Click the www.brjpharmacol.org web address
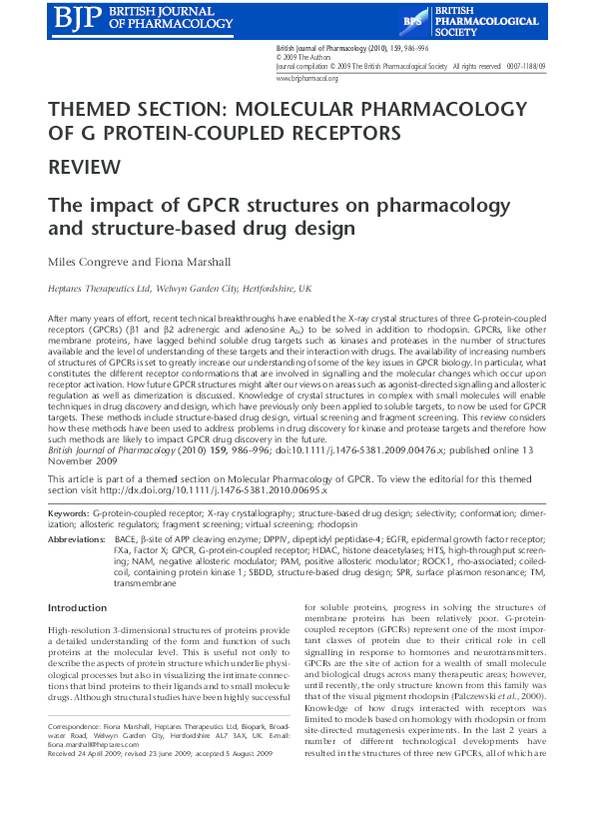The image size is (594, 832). point(306,77)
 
